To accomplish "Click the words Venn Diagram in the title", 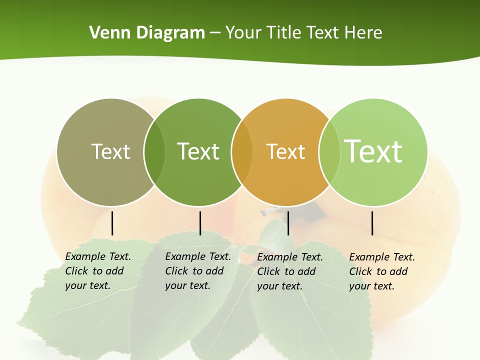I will click(147, 33).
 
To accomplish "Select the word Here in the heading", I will click(363, 33).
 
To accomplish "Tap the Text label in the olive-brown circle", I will click(110, 151).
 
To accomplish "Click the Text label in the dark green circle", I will click(198, 151).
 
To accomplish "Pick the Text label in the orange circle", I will click(285, 151).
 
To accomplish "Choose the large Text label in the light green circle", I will click(373, 151).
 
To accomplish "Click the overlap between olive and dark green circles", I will click(154, 152).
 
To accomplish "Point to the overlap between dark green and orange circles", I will click(242, 152).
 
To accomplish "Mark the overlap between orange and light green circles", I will click(329, 152).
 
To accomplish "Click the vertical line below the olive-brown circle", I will click(112, 223).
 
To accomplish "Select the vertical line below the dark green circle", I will click(200, 223).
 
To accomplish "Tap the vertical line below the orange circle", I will click(288, 223).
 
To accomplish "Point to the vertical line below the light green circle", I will click(372, 223).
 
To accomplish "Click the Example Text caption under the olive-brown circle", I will click(98, 271).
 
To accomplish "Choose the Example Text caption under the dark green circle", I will click(198, 271).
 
